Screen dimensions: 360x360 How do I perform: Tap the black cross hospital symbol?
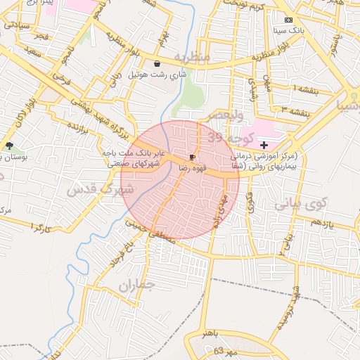click(264, 144)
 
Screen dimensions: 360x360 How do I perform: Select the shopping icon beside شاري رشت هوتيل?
click(156, 63)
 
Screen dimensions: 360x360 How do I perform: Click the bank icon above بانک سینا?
click(289, 20)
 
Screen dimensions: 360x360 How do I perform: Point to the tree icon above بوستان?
click(8, 146)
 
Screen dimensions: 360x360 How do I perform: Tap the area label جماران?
click(136, 285)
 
